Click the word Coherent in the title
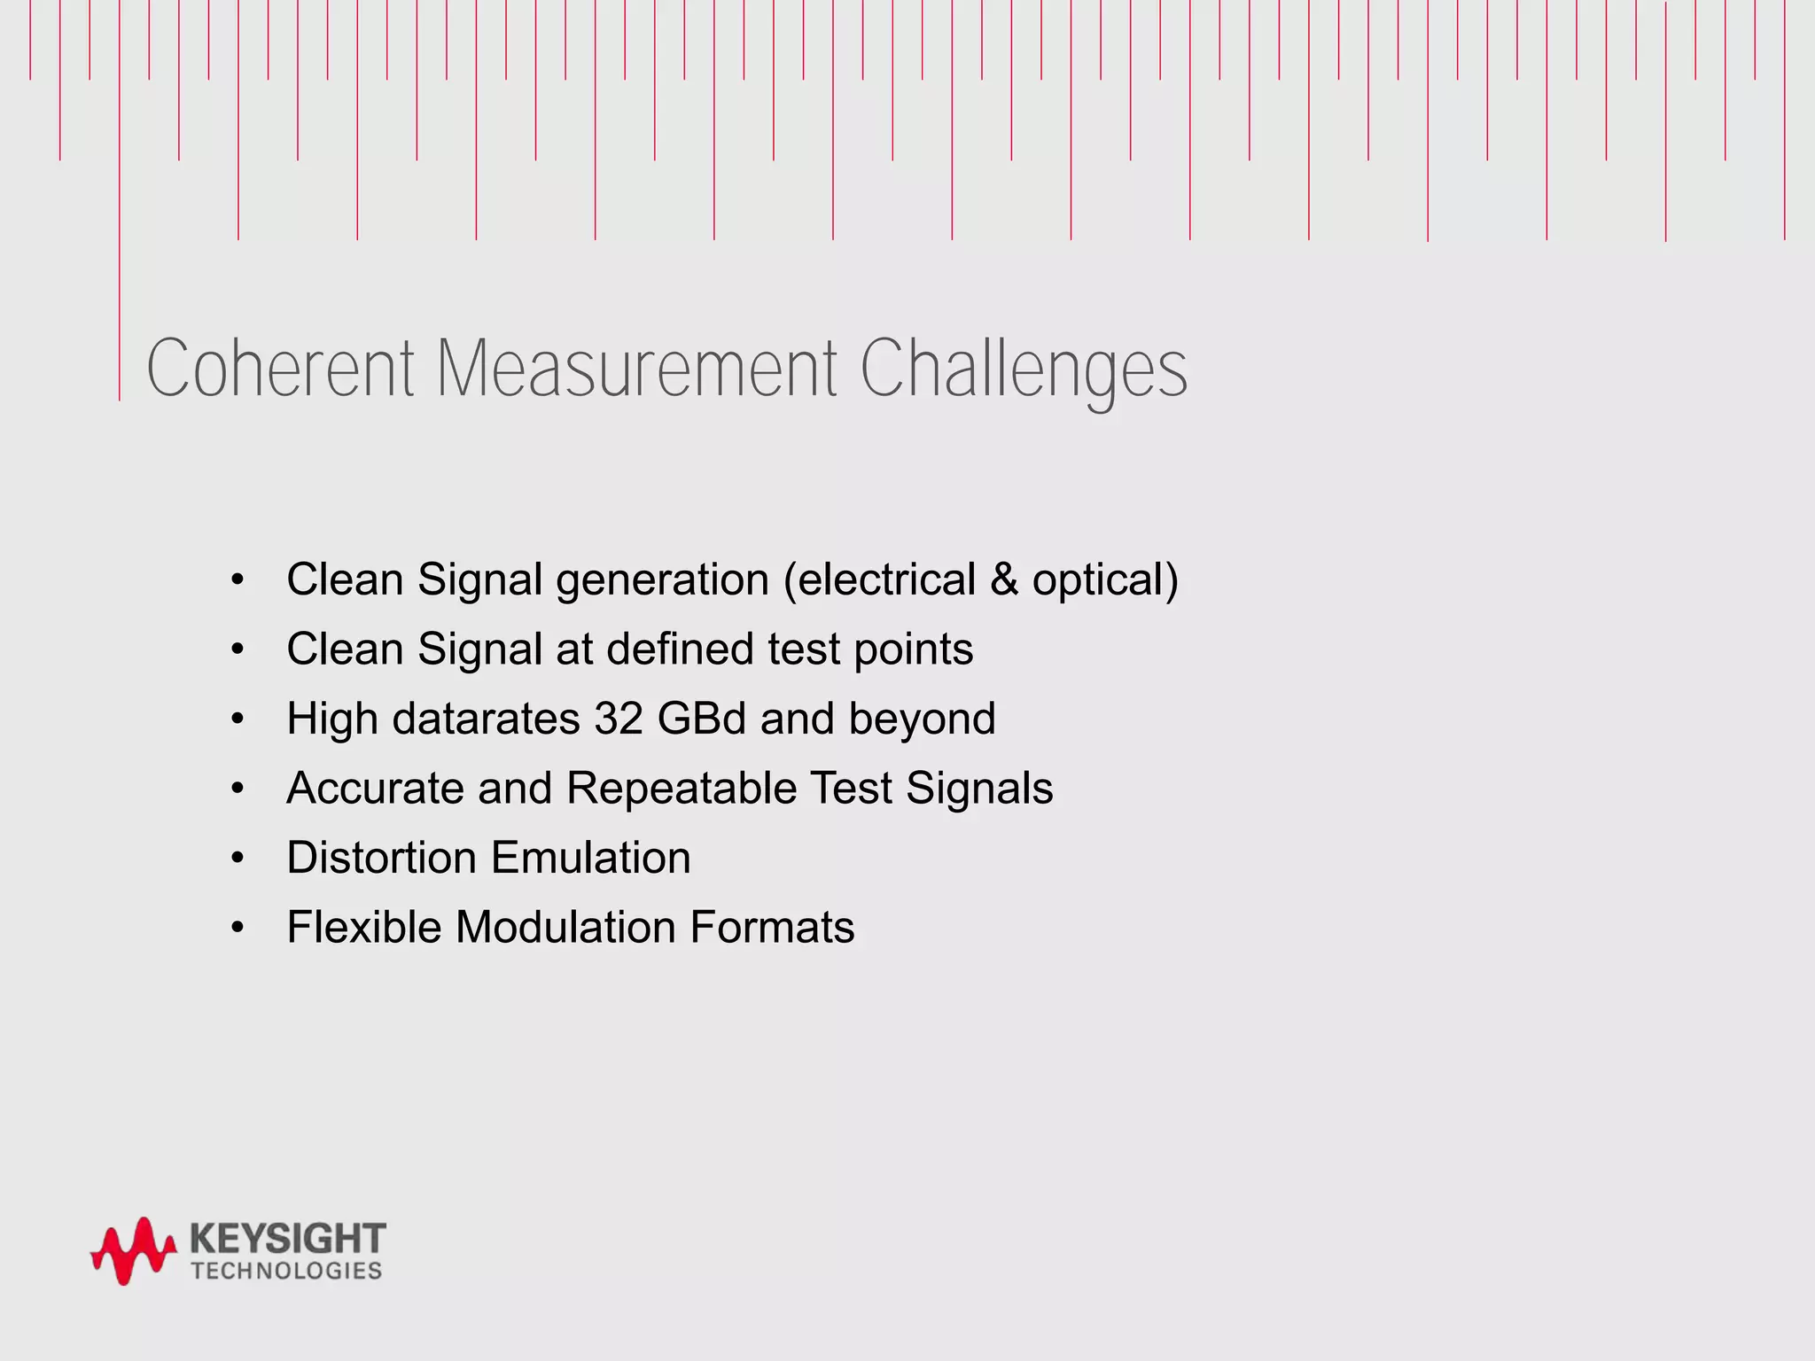(280, 368)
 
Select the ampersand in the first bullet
(1003, 580)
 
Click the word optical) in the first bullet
(1105, 581)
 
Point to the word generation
(663, 581)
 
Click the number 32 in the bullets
(619, 719)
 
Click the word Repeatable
(682, 789)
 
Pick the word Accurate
(375, 789)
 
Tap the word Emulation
(590, 858)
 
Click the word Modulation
(565, 928)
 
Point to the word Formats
(772, 928)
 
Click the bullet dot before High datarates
(237, 719)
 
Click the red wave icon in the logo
(133, 1250)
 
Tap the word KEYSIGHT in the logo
(288, 1237)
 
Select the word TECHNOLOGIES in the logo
(286, 1271)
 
